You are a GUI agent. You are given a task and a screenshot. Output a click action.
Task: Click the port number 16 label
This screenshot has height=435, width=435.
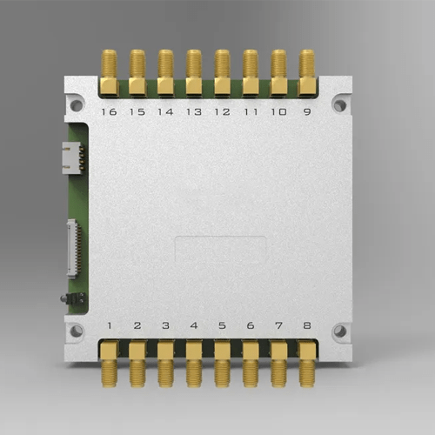pyautogui.click(x=110, y=112)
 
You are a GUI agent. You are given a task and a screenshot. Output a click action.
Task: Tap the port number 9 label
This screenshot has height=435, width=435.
pyautogui.click(x=307, y=112)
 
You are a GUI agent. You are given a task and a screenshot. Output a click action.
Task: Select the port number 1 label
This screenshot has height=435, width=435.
pyautogui.click(x=110, y=326)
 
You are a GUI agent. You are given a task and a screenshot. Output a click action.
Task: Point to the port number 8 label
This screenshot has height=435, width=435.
pyautogui.click(x=307, y=326)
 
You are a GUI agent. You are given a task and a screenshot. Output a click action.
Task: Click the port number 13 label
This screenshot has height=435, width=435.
pyautogui.click(x=194, y=112)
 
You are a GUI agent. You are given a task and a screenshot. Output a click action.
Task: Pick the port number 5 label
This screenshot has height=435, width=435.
pyautogui.click(x=222, y=326)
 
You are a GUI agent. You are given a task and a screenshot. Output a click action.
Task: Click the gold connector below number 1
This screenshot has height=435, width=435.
pyautogui.click(x=110, y=364)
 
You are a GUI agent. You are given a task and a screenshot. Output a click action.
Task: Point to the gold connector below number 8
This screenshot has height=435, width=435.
pyautogui.click(x=307, y=364)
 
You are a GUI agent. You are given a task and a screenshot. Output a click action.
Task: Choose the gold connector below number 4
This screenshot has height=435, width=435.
pyautogui.click(x=194, y=364)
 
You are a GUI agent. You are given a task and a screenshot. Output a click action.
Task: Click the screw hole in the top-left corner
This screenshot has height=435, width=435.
pyautogui.click(x=77, y=105)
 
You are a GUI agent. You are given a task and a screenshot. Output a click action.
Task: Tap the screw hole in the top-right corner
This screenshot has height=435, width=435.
pyautogui.click(x=339, y=105)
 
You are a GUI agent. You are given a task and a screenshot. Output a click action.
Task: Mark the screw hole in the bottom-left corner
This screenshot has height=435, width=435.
pyautogui.click(x=77, y=331)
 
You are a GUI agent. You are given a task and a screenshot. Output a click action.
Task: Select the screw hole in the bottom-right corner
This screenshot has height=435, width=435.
pyautogui.click(x=339, y=331)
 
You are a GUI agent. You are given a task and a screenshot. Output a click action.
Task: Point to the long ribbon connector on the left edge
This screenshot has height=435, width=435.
pyautogui.click(x=73, y=249)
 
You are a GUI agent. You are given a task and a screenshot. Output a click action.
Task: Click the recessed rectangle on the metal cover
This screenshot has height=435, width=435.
pyautogui.click(x=221, y=251)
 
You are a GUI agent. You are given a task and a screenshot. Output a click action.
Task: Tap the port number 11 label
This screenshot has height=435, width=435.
pyautogui.click(x=251, y=112)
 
